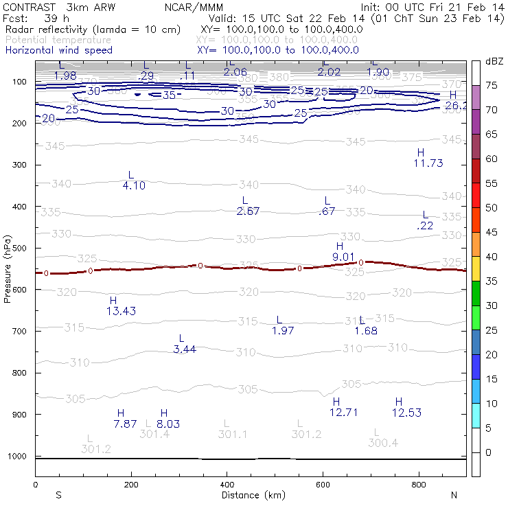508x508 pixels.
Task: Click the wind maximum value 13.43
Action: (x=121, y=311)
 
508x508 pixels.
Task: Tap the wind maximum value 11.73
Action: (x=428, y=163)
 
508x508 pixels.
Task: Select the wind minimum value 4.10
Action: (x=134, y=185)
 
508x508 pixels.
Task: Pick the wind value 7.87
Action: (x=126, y=424)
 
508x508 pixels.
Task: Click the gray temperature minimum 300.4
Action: (x=383, y=443)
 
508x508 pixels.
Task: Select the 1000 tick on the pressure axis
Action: (x=16, y=457)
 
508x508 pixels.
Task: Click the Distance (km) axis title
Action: (x=254, y=495)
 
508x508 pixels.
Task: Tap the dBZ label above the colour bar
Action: (x=494, y=62)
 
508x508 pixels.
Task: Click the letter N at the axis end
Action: (x=454, y=495)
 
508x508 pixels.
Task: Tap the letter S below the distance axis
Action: (x=59, y=495)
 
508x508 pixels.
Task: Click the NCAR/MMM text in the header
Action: (x=194, y=7)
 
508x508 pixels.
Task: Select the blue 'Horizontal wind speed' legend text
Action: (x=58, y=50)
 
